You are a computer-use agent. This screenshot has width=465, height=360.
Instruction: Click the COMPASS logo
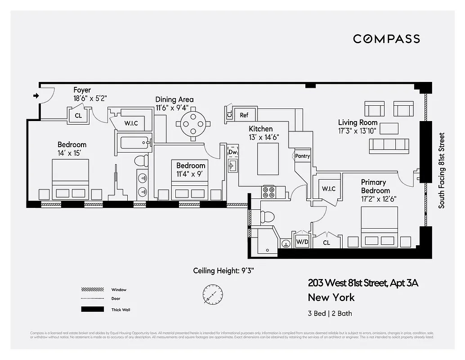coord(386,39)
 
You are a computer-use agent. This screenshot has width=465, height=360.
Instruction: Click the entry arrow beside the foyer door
coord(36,95)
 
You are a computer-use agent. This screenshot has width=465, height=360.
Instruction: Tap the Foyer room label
coord(82,90)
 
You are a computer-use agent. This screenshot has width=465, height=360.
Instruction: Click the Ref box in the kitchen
coord(244,115)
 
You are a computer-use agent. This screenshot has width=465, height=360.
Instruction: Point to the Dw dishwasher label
coord(232,152)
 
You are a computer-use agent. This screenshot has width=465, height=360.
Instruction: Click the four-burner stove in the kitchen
coord(269,192)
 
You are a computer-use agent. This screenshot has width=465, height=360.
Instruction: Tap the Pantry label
coord(303,156)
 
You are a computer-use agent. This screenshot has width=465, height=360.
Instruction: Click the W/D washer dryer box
coord(302,242)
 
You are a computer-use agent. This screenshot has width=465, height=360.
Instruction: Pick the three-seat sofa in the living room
coord(389,145)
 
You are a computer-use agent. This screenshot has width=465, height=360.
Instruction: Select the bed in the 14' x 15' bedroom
coord(71,179)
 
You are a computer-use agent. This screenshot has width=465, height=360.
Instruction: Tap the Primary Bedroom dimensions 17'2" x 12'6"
coord(379,199)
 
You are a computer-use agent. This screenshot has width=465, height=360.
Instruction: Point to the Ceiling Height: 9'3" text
coord(224,270)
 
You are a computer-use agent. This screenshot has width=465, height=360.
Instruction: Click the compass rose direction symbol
coord(212,294)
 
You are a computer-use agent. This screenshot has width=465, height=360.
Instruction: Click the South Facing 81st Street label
coord(442,170)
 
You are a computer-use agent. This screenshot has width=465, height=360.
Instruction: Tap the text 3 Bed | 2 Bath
coord(330,313)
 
